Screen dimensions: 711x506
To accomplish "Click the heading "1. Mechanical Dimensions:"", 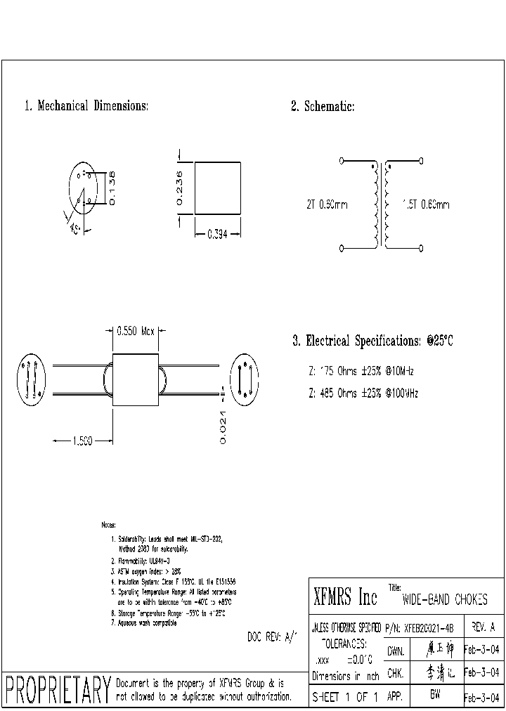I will [86, 106].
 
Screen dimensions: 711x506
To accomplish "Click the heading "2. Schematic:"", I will [323, 106].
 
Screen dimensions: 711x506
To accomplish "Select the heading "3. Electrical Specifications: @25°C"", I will [372, 341].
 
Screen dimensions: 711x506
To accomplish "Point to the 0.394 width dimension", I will [217, 236].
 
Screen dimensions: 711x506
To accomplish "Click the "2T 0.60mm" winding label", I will [327, 205].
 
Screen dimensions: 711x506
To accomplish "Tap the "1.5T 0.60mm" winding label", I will [426, 205].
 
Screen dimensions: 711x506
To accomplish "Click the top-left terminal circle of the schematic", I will [342, 161].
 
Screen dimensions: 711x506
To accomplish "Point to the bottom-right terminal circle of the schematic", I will [421, 248].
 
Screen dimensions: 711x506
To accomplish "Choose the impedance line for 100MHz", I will [363, 393].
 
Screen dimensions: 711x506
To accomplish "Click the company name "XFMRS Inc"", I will [345, 598].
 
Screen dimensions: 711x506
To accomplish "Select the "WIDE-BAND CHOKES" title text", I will [444, 601].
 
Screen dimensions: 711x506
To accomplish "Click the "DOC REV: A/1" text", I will [273, 637].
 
